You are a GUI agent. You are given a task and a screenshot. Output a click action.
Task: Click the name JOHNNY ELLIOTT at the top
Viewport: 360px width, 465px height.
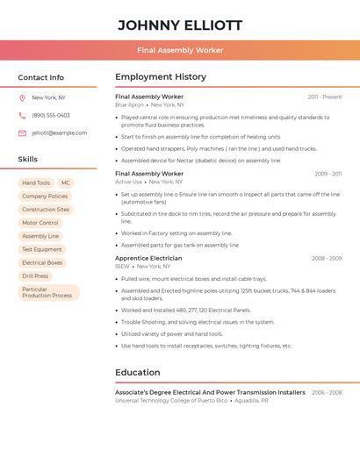[x=180, y=25]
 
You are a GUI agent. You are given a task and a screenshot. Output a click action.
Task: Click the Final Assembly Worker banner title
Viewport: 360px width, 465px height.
[x=180, y=50]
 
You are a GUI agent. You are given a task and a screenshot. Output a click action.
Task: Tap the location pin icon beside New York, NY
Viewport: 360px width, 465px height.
[x=22, y=97]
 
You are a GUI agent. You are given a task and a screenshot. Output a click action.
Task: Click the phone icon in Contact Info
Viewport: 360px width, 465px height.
[x=22, y=115]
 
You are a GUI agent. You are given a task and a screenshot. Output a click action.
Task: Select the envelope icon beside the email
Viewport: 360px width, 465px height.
[x=22, y=132]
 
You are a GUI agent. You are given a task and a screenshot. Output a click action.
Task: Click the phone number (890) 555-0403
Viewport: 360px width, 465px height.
[x=51, y=115]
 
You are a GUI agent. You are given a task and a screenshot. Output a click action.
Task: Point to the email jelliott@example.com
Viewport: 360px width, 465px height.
[x=60, y=132]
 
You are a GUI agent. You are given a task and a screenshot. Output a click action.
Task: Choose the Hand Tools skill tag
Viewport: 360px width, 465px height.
[x=36, y=183]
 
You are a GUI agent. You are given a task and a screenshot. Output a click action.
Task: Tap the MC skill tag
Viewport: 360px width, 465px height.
[x=66, y=183]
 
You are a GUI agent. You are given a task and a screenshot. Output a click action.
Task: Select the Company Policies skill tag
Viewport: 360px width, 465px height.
[x=45, y=197]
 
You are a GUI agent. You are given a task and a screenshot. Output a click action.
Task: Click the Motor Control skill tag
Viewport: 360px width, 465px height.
[x=40, y=223]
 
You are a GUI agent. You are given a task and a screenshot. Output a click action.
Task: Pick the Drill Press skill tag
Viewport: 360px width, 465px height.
[x=35, y=275]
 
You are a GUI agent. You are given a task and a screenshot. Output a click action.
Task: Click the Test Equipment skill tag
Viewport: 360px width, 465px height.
[x=42, y=249]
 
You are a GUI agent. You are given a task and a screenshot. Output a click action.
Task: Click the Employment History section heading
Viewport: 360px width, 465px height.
[x=161, y=77]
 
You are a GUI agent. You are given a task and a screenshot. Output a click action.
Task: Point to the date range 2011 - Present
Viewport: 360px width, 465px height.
[x=325, y=97]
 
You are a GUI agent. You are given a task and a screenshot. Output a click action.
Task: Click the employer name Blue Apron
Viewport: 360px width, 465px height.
[x=129, y=104]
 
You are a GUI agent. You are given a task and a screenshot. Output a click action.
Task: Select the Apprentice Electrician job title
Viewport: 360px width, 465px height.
[x=148, y=259]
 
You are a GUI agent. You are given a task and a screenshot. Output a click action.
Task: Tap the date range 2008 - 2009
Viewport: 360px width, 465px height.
[x=327, y=259]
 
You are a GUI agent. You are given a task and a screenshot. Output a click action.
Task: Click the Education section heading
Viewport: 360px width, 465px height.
[x=138, y=372]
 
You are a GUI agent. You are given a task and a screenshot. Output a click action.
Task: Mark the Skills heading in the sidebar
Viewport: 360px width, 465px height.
[x=28, y=160]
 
